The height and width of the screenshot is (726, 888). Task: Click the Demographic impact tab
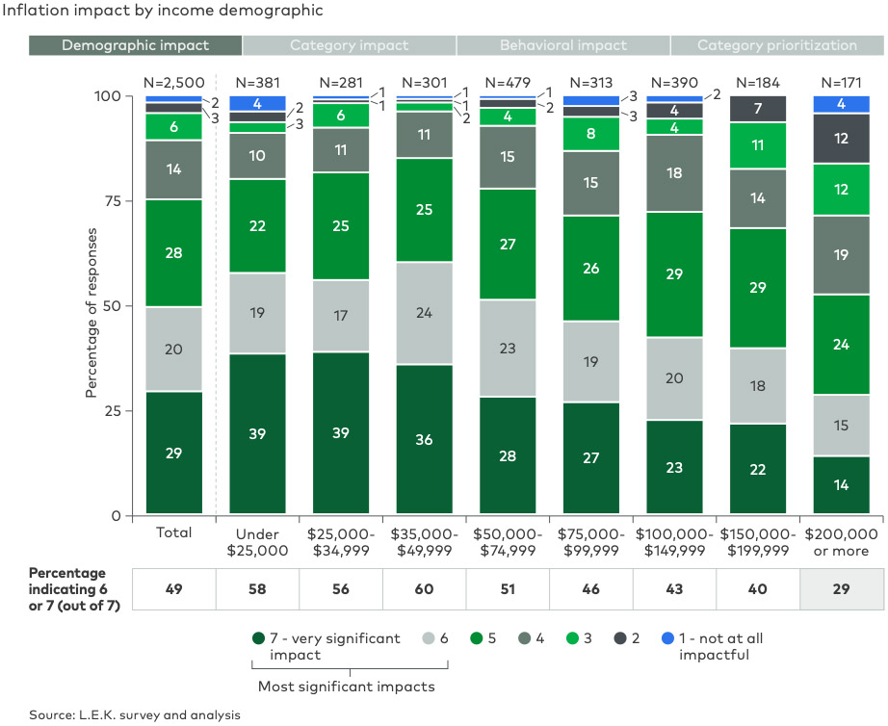click(x=135, y=45)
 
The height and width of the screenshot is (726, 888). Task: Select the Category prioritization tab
click(x=776, y=45)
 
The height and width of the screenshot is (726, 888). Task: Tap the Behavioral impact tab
click(x=562, y=45)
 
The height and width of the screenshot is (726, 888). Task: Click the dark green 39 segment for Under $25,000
click(x=257, y=434)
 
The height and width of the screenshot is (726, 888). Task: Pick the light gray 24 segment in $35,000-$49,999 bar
click(x=424, y=313)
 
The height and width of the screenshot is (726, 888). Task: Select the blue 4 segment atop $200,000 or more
click(x=841, y=104)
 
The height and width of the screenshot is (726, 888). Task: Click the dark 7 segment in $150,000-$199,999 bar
click(x=758, y=109)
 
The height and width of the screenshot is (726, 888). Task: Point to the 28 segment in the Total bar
click(x=173, y=252)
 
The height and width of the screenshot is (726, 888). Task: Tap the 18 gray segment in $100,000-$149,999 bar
click(x=675, y=173)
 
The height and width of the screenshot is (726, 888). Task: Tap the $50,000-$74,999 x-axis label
click(x=508, y=542)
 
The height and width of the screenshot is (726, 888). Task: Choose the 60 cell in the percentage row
click(x=424, y=590)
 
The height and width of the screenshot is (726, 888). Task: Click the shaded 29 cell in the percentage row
click(x=841, y=590)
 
